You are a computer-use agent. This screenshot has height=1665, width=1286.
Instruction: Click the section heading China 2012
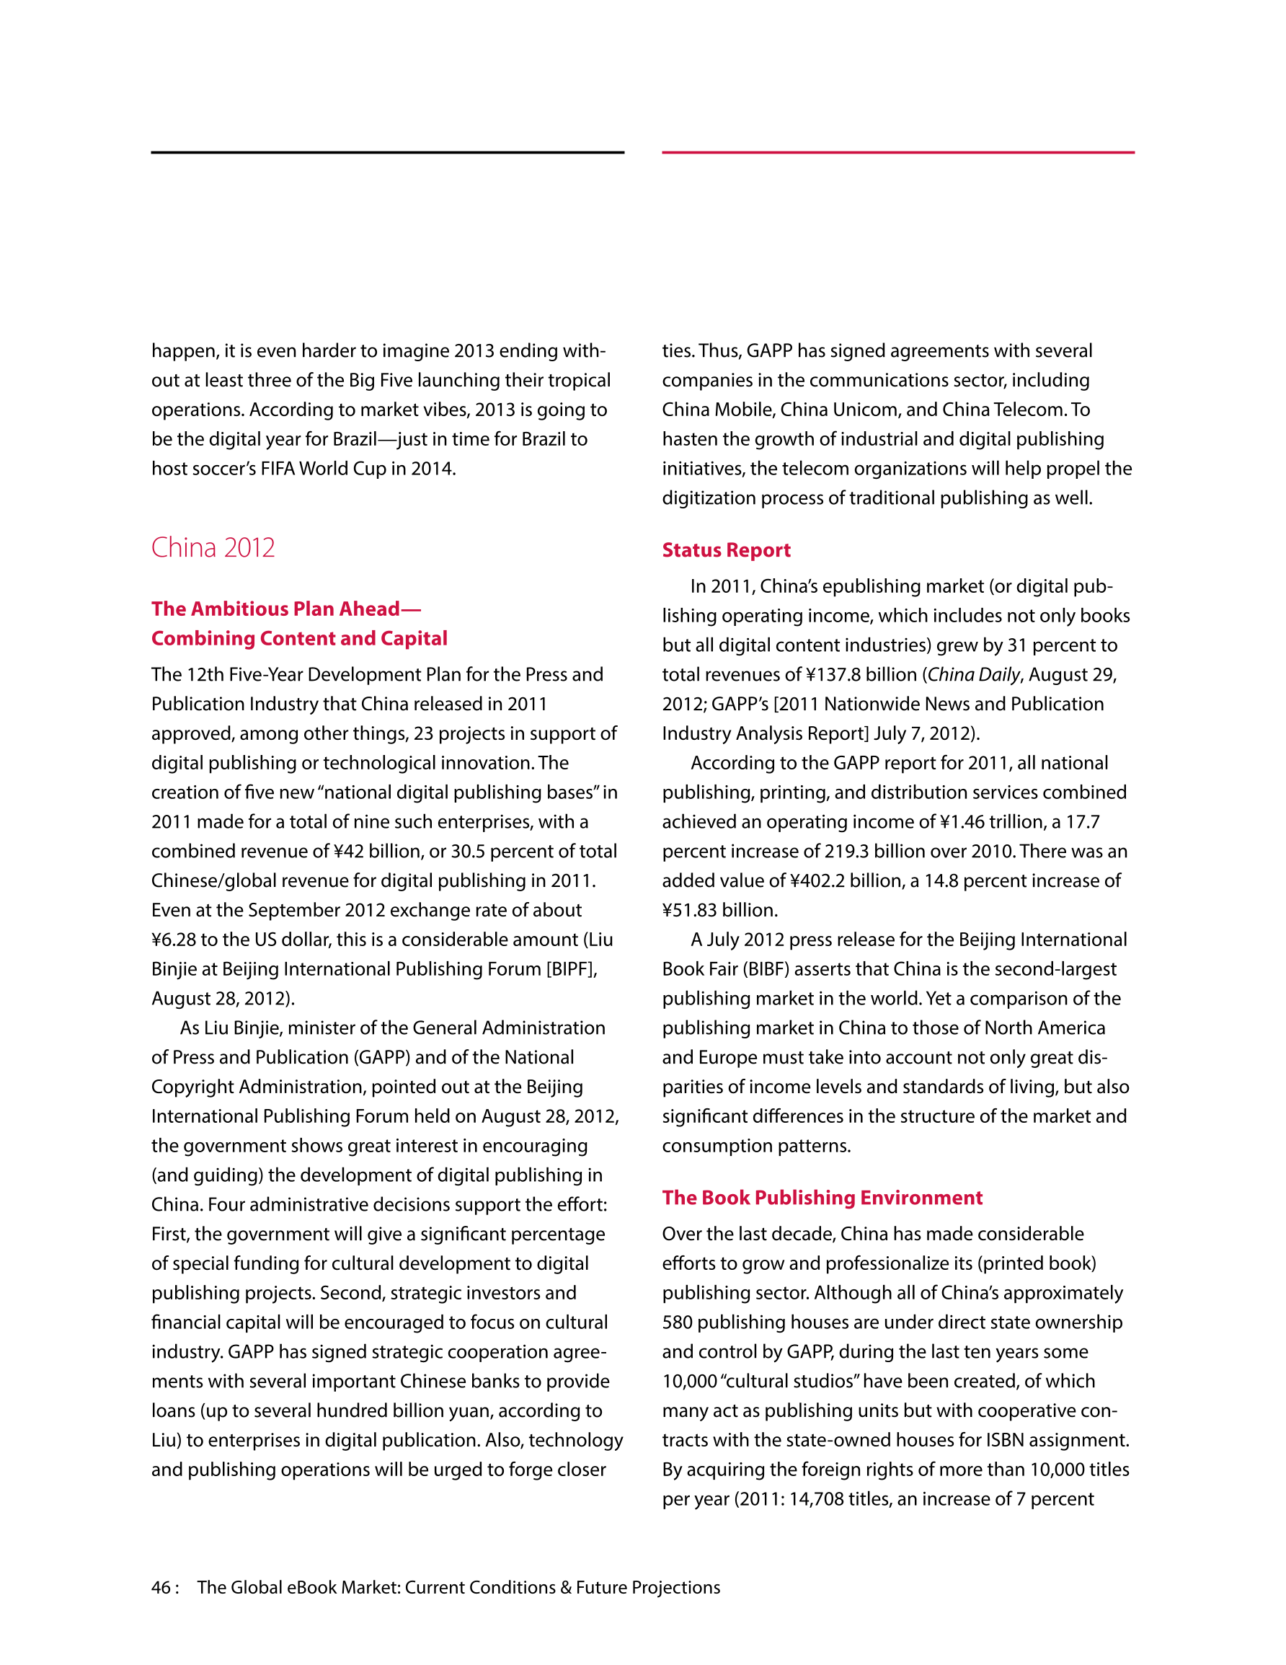tap(213, 547)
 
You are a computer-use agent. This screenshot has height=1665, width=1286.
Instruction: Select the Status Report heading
tap(726, 549)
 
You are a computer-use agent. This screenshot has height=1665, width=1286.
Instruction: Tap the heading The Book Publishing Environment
tap(822, 1197)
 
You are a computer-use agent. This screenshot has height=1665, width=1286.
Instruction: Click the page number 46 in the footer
tap(161, 1587)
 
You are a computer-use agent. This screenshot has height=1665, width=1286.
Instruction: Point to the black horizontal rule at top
tap(387, 152)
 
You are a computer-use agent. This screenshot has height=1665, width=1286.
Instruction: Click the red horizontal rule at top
tap(898, 152)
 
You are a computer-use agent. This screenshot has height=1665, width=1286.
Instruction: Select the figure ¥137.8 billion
tap(861, 675)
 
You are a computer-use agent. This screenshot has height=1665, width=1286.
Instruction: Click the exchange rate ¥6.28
tap(173, 940)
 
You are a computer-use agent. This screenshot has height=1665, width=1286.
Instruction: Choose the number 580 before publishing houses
tap(677, 1322)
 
